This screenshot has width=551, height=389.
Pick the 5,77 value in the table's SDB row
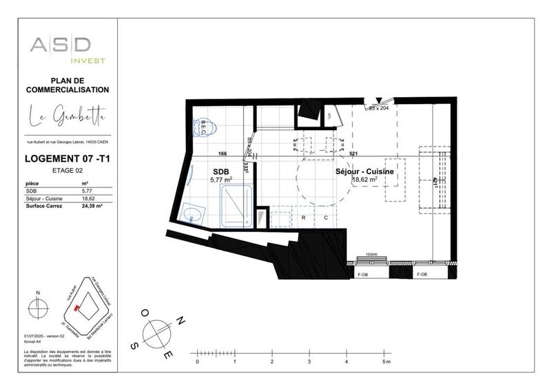pyautogui.click(x=87, y=191)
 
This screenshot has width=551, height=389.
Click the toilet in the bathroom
pyautogui.click(x=205, y=127)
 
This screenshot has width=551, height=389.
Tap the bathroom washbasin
pyautogui.click(x=194, y=217)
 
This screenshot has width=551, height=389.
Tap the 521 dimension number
pyautogui.click(x=353, y=154)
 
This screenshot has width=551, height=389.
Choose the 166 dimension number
pyautogui.click(x=222, y=154)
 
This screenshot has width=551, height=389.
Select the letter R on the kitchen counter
pyautogui.click(x=304, y=217)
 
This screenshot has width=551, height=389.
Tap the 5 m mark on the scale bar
pyautogui.click(x=386, y=361)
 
